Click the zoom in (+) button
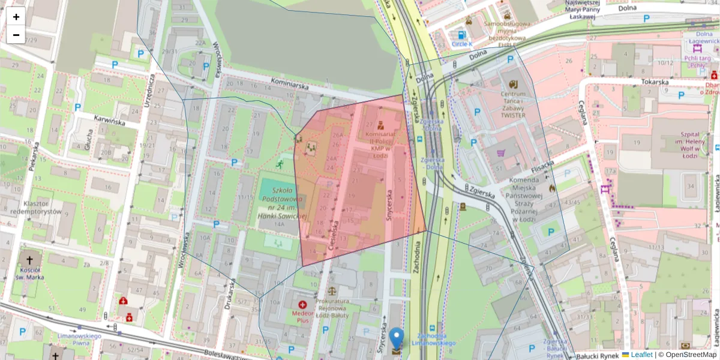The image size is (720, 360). tap(16, 17)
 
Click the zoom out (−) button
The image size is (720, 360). tap(16, 35)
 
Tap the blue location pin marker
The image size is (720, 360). tap(396, 340)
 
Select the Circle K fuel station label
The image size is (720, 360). tap(462, 44)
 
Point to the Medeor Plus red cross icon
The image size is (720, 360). tap(302, 305)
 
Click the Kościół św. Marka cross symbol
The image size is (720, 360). tap(30, 260)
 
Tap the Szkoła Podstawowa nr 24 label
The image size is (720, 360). tap(281, 204)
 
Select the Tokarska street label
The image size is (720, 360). tap(655, 82)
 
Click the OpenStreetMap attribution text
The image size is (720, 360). tap(687, 355)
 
